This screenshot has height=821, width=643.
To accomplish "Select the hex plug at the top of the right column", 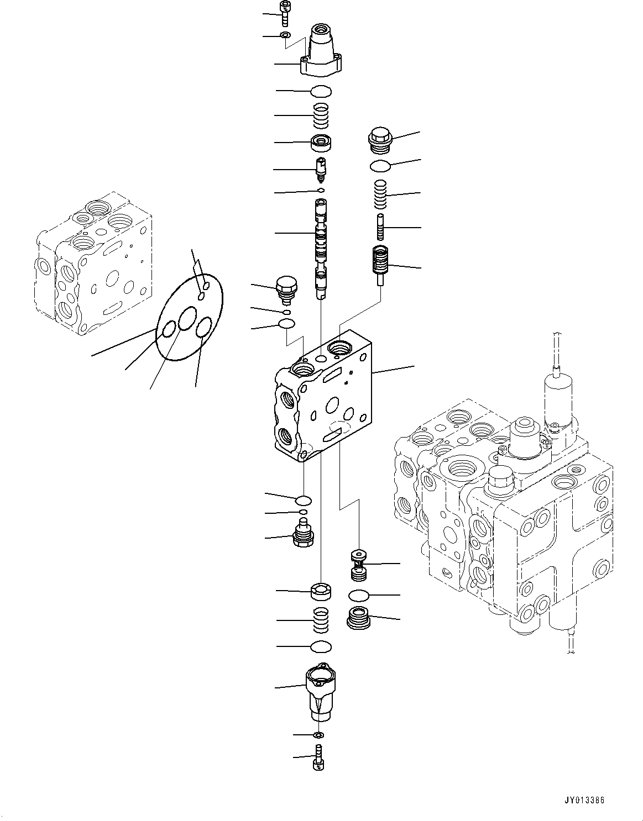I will [x=380, y=141].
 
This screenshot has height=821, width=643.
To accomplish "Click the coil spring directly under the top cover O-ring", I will [x=321, y=117].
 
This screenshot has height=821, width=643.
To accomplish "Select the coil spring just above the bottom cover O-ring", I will [x=321, y=621].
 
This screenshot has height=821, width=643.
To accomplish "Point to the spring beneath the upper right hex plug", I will [x=379, y=194].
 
